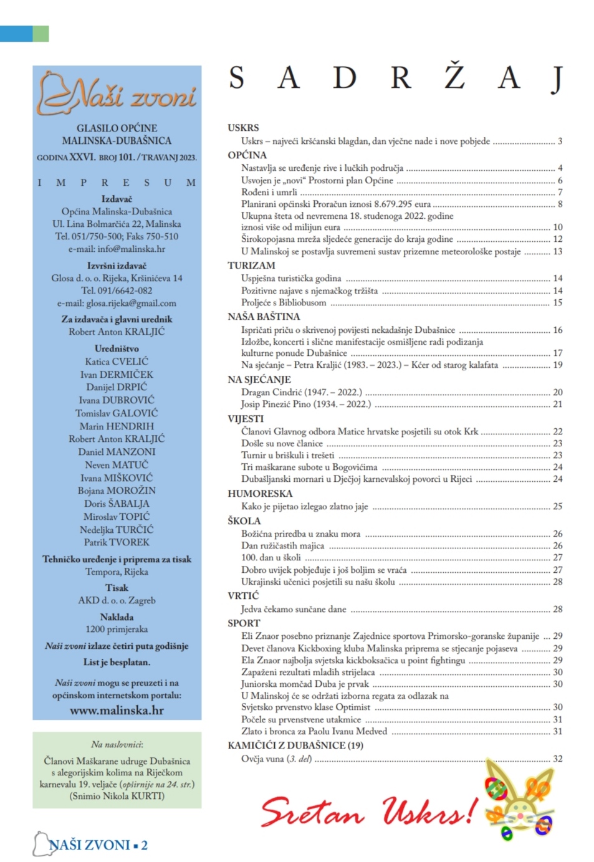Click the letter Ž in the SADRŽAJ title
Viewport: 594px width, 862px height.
pos(454,77)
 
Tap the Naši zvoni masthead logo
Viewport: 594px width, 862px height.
pos(117,95)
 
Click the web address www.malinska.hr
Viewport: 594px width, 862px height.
pos(117,710)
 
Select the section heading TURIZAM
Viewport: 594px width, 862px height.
pos(251,265)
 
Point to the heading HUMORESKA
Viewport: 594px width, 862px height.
pos(260,493)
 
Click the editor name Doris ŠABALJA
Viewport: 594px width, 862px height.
pos(117,503)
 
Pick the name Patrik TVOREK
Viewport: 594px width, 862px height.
pos(117,542)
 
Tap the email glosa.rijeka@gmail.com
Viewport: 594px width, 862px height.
pos(117,303)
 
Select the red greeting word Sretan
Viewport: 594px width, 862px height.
pos(312,813)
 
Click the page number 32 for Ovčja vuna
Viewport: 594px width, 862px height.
pos(557,759)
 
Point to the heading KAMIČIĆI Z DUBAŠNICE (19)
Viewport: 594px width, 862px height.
pos(295,745)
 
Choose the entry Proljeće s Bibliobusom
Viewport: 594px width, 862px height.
pos(284,302)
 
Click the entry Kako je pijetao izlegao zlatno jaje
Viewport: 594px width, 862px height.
pos(304,506)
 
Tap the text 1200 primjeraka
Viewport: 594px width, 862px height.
pos(117,629)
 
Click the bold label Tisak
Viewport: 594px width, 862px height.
pos(117,587)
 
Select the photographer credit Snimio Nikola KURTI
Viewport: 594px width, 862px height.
pos(117,796)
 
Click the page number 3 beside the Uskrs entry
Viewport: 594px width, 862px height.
pos(560,141)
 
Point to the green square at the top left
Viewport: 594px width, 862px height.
pos(41,34)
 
